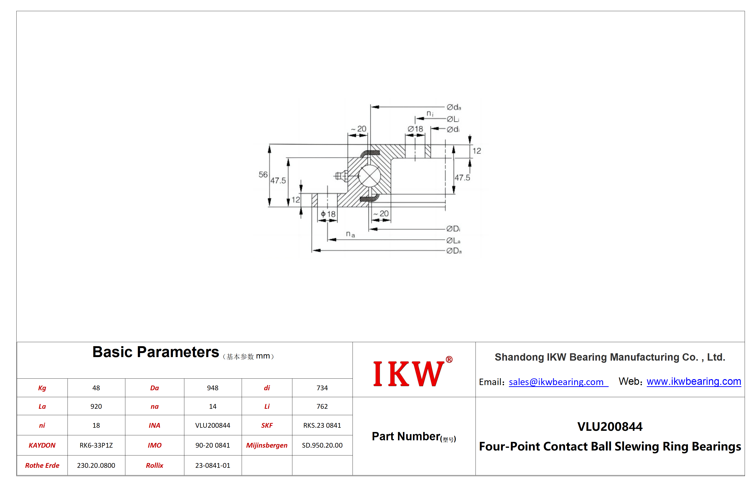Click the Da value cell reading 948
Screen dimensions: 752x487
[213, 388]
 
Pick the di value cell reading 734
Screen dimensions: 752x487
[322, 388]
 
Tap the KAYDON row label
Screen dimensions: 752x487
[42, 445]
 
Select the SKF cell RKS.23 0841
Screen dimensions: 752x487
[322, 425]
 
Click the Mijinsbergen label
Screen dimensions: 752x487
[267, 445]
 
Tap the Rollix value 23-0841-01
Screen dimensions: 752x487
[213, 465]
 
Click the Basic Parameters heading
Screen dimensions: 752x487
[155, 352]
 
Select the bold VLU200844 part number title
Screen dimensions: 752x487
[610, 427]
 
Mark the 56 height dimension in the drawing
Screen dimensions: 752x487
[263, 175]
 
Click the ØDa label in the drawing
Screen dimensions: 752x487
[454, 251]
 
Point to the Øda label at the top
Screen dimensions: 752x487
[454, 107]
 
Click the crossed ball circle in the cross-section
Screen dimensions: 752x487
[369, 176]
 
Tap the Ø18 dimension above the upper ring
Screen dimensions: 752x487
[415, 129]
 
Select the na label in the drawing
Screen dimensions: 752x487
[350, 234]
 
